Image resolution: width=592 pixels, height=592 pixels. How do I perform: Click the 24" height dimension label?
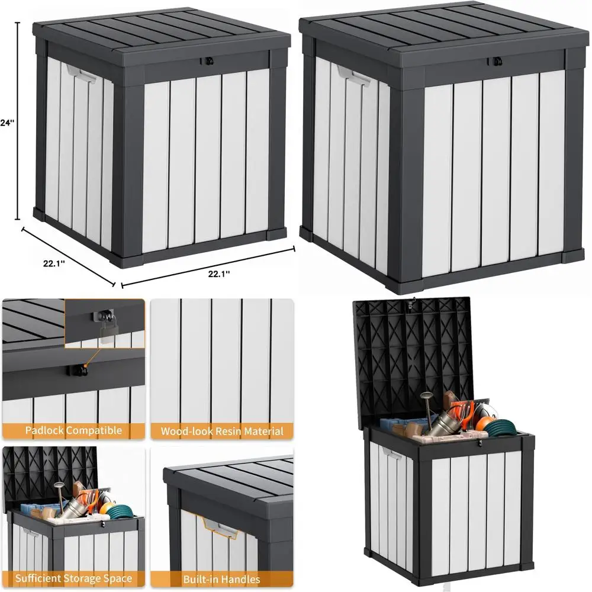[x=7, y=123]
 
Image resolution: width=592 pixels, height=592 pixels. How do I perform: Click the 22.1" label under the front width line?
[x=218, y=273]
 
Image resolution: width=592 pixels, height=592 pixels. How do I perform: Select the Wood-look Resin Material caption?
[x=222, y=431]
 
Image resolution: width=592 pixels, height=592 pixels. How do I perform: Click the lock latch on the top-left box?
[x=208, y=61]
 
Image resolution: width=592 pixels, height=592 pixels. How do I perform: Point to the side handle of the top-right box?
[x=353, y=75]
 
